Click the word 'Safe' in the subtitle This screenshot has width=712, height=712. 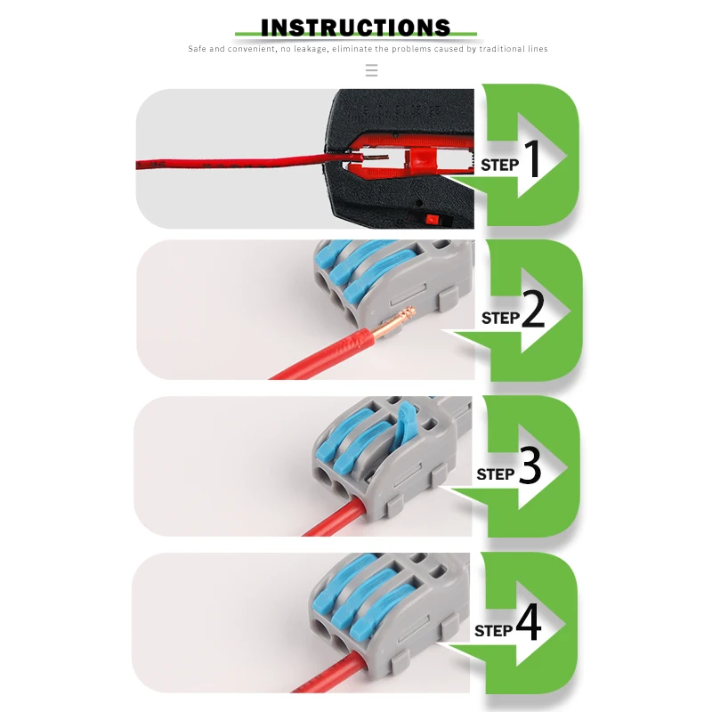pyautogui.click(x=198, y=49)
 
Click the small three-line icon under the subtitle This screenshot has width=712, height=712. pyautogui.click(x=372, y=70)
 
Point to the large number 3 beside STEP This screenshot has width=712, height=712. pyautogui.click(x=530, y=468)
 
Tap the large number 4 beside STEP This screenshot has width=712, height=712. pyautogui.click(x=529, y=625)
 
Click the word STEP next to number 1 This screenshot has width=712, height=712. pyautogui.click(x=499, y=165)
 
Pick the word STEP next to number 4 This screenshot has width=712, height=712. pyautogui.click(x=494, y=631)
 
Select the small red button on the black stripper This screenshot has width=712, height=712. pyautogui.click(x=433, y=218)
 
